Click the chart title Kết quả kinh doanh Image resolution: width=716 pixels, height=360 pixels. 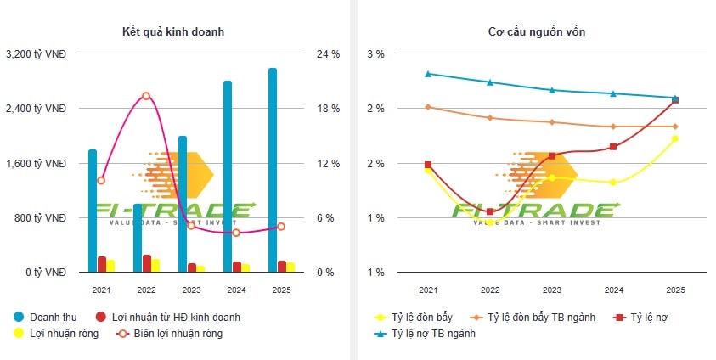click(173, 32)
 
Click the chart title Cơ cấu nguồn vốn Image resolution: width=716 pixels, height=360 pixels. click(536, 32)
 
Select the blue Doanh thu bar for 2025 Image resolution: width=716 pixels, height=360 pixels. click(273, 170)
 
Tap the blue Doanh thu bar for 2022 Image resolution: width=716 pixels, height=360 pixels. click(138, 238)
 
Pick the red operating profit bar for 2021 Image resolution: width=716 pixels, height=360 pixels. click(102, 264)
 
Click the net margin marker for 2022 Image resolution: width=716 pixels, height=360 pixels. click(146, 96)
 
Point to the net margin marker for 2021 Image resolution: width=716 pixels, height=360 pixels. click(101, 180)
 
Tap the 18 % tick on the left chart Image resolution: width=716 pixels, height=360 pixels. click(329, 109)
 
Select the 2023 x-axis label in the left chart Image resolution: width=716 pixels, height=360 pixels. click(191, 290)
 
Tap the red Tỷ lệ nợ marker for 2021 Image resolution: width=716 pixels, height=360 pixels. click(428, 165)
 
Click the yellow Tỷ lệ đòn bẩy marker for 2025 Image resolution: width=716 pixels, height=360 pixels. click(675, 138)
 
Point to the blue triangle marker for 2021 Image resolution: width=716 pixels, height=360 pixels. click(428, 74)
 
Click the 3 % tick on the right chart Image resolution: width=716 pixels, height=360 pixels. click(375, 54)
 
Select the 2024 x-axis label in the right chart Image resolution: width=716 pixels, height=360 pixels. click(613, 290)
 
